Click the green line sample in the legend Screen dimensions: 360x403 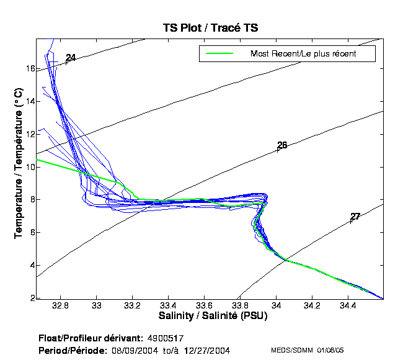pos(216,54)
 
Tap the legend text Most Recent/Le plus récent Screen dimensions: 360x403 pos(303,54)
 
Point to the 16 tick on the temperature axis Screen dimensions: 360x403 pos(30,68)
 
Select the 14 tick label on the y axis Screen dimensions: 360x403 pos(30,101)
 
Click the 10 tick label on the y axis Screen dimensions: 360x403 pos(30,167)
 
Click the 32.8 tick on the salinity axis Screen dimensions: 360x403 pos(60,307)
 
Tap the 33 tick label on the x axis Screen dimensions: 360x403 pos(96,307)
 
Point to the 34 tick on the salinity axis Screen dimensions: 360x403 pos(276,307)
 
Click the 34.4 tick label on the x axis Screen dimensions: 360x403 pos(348,307)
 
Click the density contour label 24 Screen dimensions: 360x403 pos(71,58)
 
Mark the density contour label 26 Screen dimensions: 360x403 pos(282,145)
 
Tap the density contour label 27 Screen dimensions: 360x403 pos(355,217)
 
